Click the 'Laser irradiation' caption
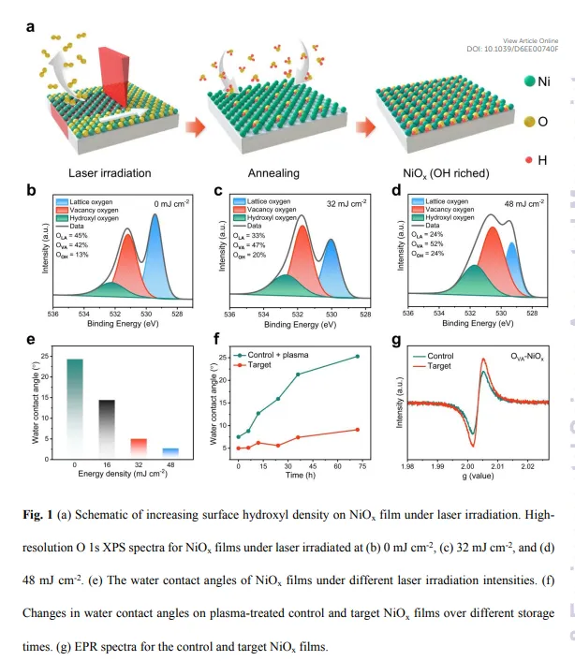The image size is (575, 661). [x=110, y=173]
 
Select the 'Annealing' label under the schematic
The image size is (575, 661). [x=273, y=173]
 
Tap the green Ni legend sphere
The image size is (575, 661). [x=531, y=81]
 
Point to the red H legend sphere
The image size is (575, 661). [x=531, y=160]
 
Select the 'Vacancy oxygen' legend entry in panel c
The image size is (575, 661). [x=273, y=210]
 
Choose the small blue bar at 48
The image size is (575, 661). [x=170, y=452]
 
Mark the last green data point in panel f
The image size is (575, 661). [x=357, y=356]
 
